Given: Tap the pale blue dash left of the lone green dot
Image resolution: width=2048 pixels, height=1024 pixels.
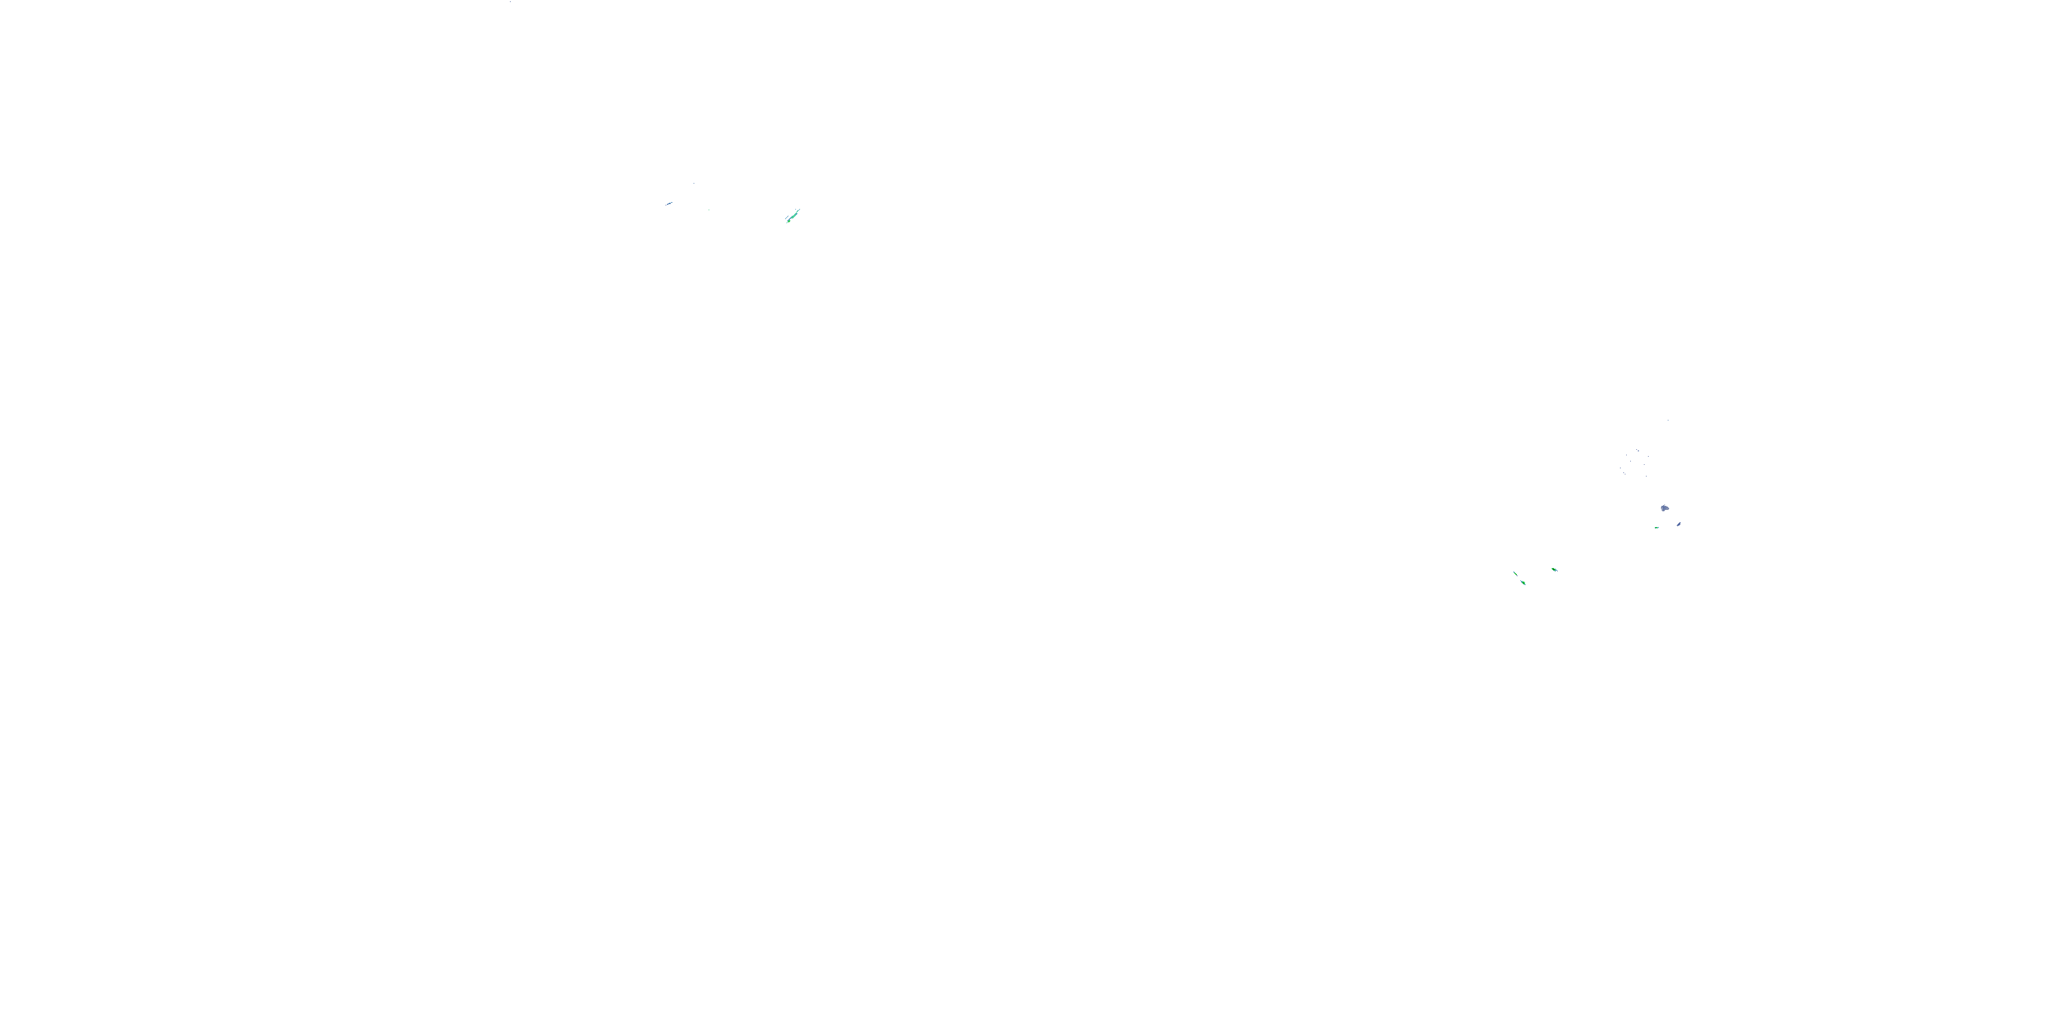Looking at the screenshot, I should coord(670,203).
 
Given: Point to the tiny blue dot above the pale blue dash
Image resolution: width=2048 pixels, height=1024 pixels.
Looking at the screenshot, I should coord(695,184).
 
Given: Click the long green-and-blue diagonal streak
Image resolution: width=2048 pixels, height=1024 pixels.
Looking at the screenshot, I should coord(794,216).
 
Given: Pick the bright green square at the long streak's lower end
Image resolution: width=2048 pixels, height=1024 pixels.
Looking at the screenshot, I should coord(789,222).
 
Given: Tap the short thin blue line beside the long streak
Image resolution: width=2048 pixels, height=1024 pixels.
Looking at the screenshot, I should coord(787,218).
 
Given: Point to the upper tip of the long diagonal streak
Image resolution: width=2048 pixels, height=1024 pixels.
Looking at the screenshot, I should coord(801,209).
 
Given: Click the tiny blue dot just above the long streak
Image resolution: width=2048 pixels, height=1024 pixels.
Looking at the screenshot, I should coord(796,209).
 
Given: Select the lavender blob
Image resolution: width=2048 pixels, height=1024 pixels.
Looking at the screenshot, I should coord(1665,509).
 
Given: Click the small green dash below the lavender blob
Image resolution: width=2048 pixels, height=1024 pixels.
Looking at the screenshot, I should coord(1657,528).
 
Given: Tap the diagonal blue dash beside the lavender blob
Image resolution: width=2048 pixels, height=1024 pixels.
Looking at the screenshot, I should coord(1679,525).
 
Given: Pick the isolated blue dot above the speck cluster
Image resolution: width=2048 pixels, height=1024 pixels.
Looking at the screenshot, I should coord(1668,421).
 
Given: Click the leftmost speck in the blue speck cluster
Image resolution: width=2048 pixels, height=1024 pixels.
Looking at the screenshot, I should coord(1620,468).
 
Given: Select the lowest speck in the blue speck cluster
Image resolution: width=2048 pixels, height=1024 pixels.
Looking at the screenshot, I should coord(1647,477).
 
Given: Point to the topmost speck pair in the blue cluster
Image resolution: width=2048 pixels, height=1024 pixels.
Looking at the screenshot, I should coord(1638,451).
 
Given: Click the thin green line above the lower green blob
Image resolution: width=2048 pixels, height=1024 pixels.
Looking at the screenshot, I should coord(1516,574).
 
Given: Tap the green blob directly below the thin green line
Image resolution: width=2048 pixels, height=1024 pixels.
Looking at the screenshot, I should coord(1523,583).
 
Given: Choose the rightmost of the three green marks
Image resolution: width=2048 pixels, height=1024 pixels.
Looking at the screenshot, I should coord(1554,570).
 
